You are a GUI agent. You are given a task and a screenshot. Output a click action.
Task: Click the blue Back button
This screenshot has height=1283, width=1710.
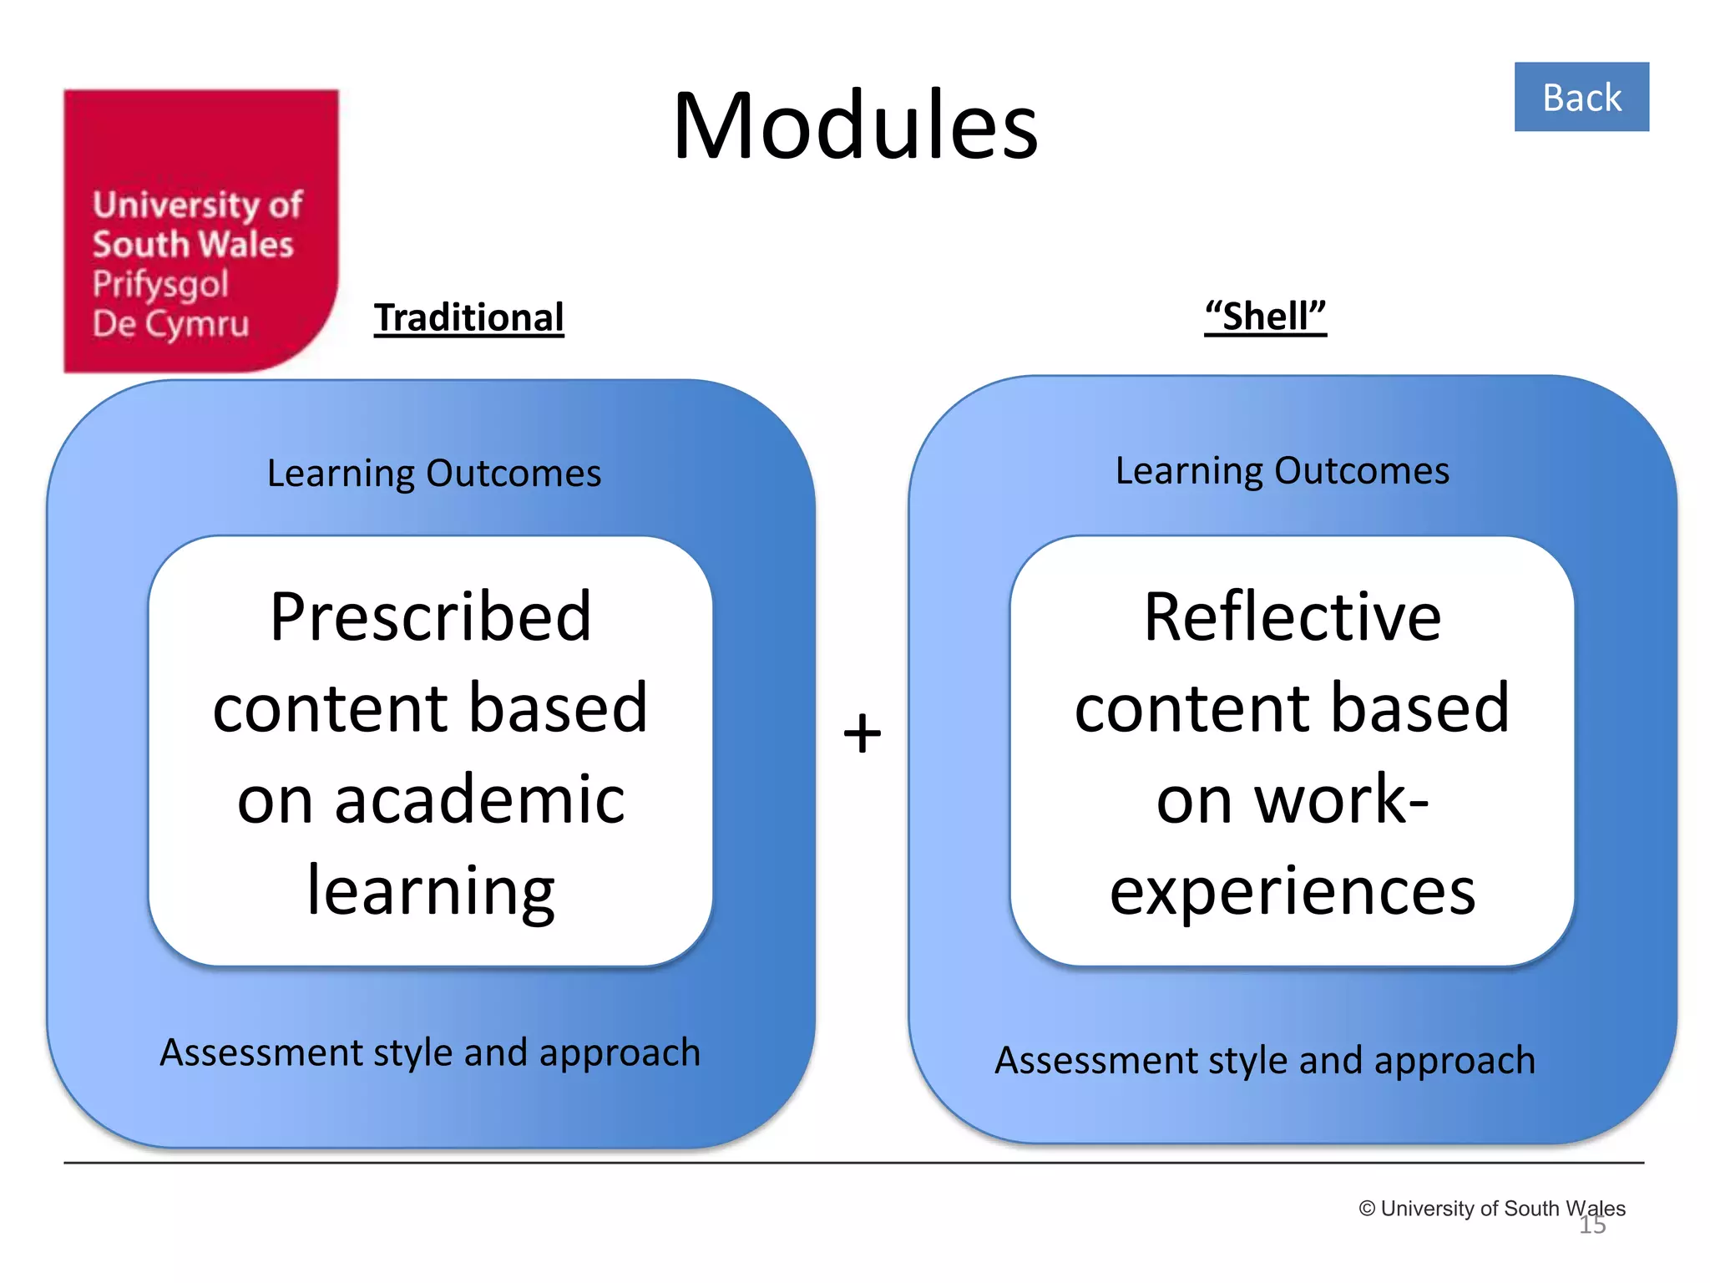point(1581,97)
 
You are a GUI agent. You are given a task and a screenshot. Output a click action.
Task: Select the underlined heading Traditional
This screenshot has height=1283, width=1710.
point(468,317)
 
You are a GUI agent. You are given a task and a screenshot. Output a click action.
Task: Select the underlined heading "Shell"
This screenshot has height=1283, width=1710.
point(1265,317)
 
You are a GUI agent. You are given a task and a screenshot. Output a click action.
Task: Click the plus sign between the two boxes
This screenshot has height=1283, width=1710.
point(862,733)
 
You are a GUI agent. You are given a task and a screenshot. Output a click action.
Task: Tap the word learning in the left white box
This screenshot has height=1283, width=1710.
point(431,891)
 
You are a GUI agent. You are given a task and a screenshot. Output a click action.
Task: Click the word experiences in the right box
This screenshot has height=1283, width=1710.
point(1292,891)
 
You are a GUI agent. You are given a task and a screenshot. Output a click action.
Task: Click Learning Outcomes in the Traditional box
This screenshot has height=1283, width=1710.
point(434,473)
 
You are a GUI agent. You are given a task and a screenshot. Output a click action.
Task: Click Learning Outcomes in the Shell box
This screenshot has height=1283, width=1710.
point(1282,470)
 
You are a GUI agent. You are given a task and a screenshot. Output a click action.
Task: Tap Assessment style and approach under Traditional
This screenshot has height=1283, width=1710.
point(430,1052)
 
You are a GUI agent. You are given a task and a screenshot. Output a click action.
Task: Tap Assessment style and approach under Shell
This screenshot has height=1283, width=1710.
point(1265,1060)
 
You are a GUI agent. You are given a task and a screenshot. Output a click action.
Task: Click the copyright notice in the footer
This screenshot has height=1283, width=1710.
point(1491,1208)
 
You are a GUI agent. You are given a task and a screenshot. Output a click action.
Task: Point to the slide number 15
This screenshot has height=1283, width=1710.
point(1592,1225)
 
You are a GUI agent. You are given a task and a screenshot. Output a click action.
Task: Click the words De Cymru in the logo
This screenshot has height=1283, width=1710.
point(171,324)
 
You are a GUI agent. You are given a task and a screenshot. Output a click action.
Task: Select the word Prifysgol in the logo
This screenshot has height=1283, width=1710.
point(160,284)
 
